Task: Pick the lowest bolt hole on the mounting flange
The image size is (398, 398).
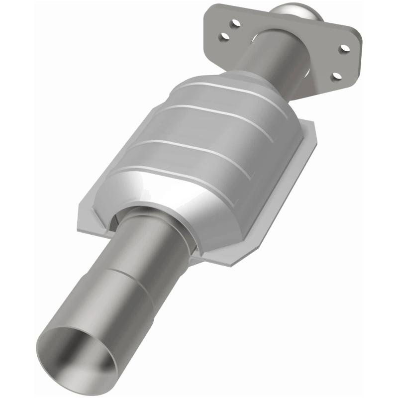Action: [337, 76]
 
